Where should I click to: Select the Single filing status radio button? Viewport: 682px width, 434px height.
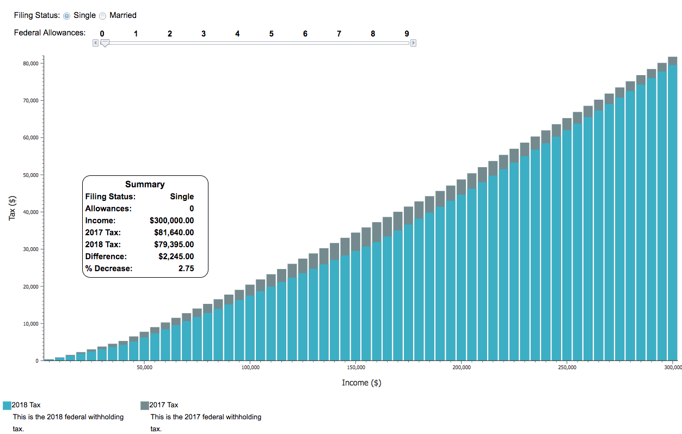tap(67, 16)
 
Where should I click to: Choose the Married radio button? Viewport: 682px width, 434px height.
tap(102, 16)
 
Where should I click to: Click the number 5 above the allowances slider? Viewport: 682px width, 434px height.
tap(271, 34)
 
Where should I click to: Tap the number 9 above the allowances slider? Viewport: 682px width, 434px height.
tap(407, 34)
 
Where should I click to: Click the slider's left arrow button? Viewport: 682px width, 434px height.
tap(95, 43)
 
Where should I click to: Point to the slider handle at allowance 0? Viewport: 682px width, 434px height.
tap(105, 43)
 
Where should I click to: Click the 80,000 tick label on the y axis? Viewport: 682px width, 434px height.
tap(30, 64)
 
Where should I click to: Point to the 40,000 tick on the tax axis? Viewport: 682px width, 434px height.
tap(30, 212)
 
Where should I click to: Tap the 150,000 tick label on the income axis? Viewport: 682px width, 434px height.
tap(355, 368)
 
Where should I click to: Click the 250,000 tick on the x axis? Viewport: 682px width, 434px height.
tap(567, 368)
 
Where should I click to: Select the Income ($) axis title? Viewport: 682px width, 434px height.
tap(361, 383)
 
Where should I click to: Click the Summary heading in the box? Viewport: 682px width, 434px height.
tap(145, 185)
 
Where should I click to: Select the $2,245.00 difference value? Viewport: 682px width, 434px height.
tap(174, 256)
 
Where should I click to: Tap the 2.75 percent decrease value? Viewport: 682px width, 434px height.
tap(186, 268)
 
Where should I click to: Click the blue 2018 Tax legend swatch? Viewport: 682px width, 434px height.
tap(7, 405)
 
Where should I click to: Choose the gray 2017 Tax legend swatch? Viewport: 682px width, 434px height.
tap(145, 405)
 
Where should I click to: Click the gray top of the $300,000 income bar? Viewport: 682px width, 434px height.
tap(673, 60)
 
